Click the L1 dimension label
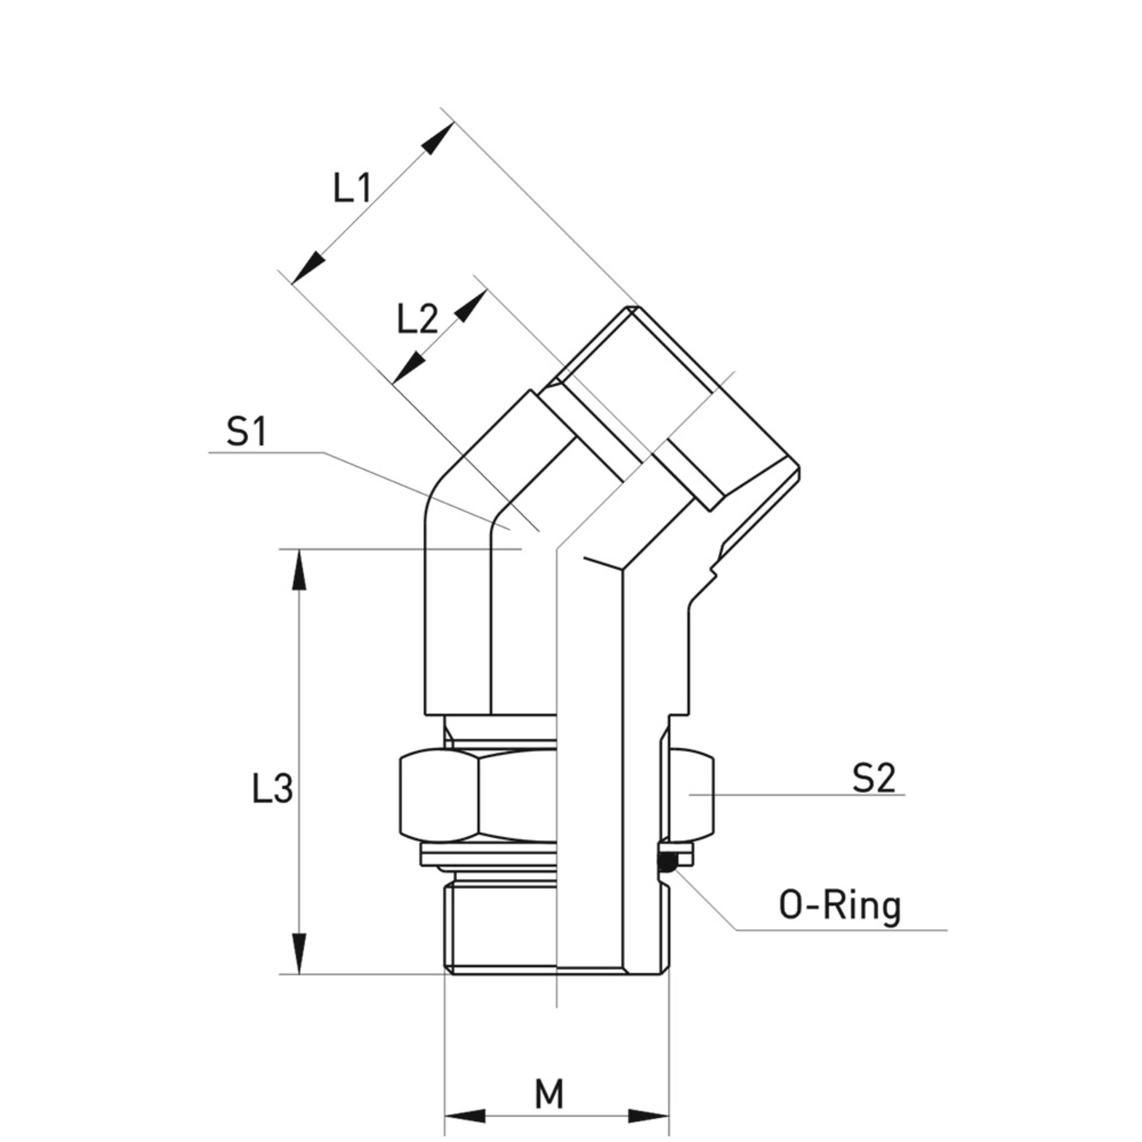click(352, 190)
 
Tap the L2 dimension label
click(418, 321)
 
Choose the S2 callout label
click(874, 778)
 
